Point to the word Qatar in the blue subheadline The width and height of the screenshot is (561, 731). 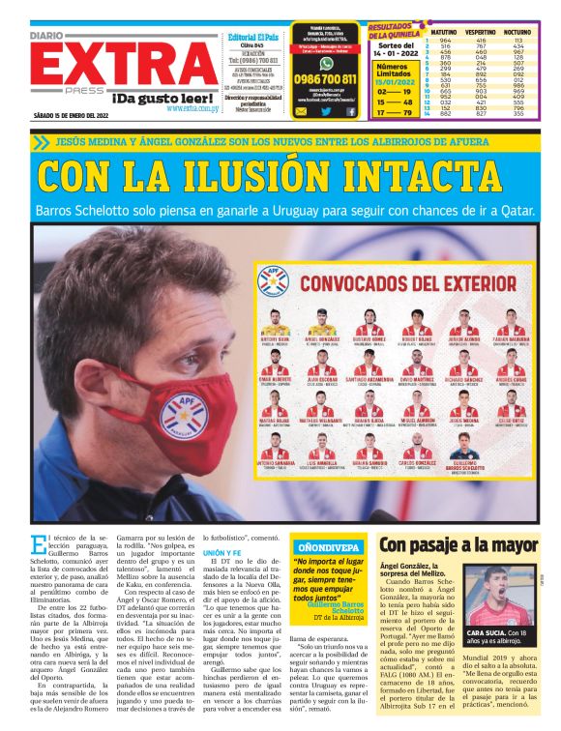pyautogui.click(x=501, y=208)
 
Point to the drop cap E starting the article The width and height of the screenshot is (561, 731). pyautogui.click(x=38, y=545)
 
